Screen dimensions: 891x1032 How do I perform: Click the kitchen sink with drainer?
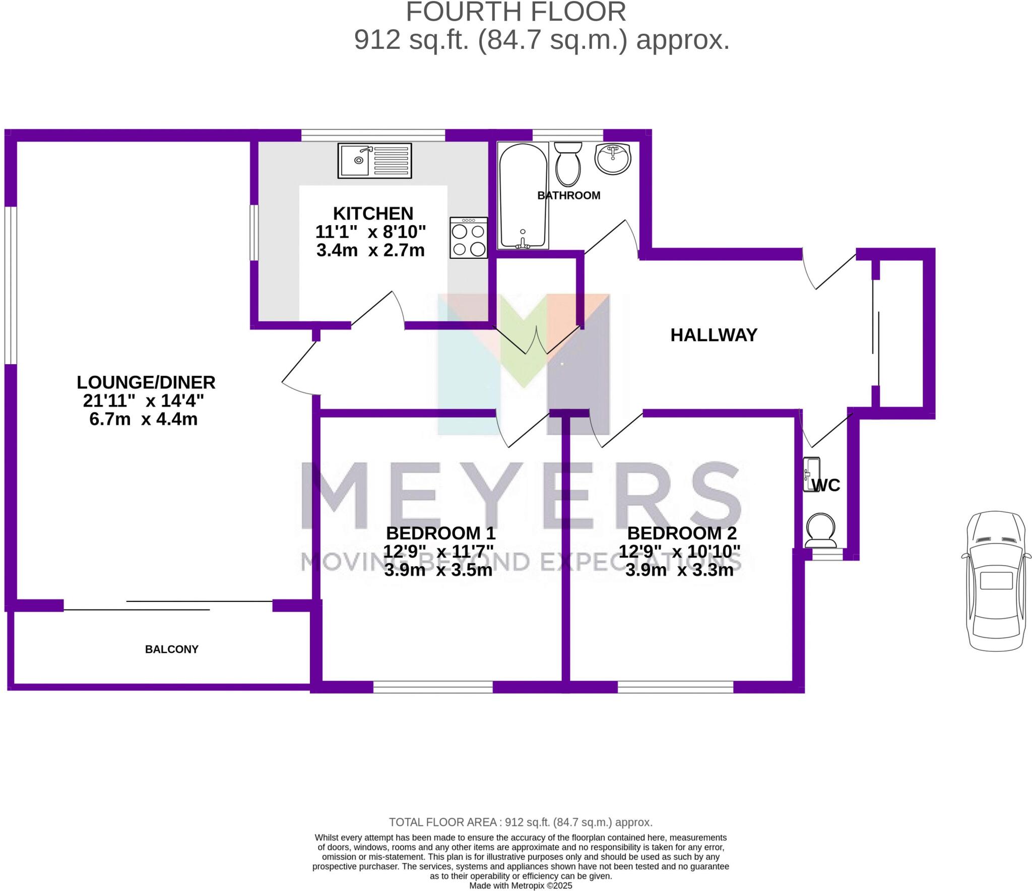(374, 161)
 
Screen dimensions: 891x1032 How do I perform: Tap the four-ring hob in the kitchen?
(469, 238)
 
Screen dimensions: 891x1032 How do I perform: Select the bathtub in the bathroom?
(523, 196)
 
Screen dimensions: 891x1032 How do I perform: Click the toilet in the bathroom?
(567, 164)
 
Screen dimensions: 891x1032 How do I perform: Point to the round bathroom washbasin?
(612, 158)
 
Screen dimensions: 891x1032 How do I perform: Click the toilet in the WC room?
(821, 530)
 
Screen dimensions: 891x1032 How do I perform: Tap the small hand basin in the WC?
(811, 474)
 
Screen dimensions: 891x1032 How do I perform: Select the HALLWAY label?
(714, 335)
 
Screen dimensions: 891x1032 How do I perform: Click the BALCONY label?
(172, 649)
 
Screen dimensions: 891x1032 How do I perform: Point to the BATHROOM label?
(569, 195)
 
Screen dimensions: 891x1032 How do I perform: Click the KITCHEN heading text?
(373, 214)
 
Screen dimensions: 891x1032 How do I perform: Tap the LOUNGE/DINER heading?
(146, 382)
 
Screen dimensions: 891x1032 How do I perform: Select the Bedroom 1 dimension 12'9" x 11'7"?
(438, 552)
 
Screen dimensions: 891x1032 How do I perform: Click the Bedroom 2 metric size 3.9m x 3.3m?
(679, 570)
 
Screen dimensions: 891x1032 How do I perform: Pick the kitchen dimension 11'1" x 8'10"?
(370, 232)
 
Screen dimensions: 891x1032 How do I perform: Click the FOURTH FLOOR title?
(516, 12)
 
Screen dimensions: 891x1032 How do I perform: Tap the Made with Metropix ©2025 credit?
(521, 885)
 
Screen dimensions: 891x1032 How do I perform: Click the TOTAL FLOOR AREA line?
(521, 823)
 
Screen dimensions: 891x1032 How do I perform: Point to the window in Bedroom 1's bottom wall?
(433, 687)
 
